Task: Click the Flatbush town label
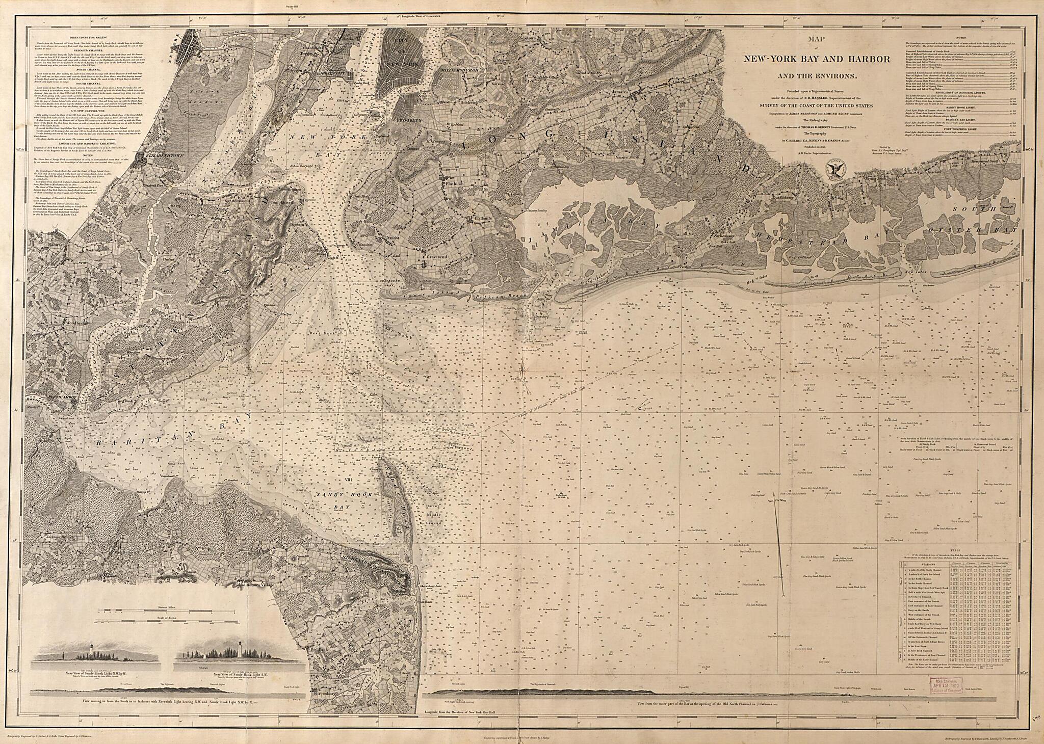point(452,182)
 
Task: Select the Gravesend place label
point(436,257)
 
